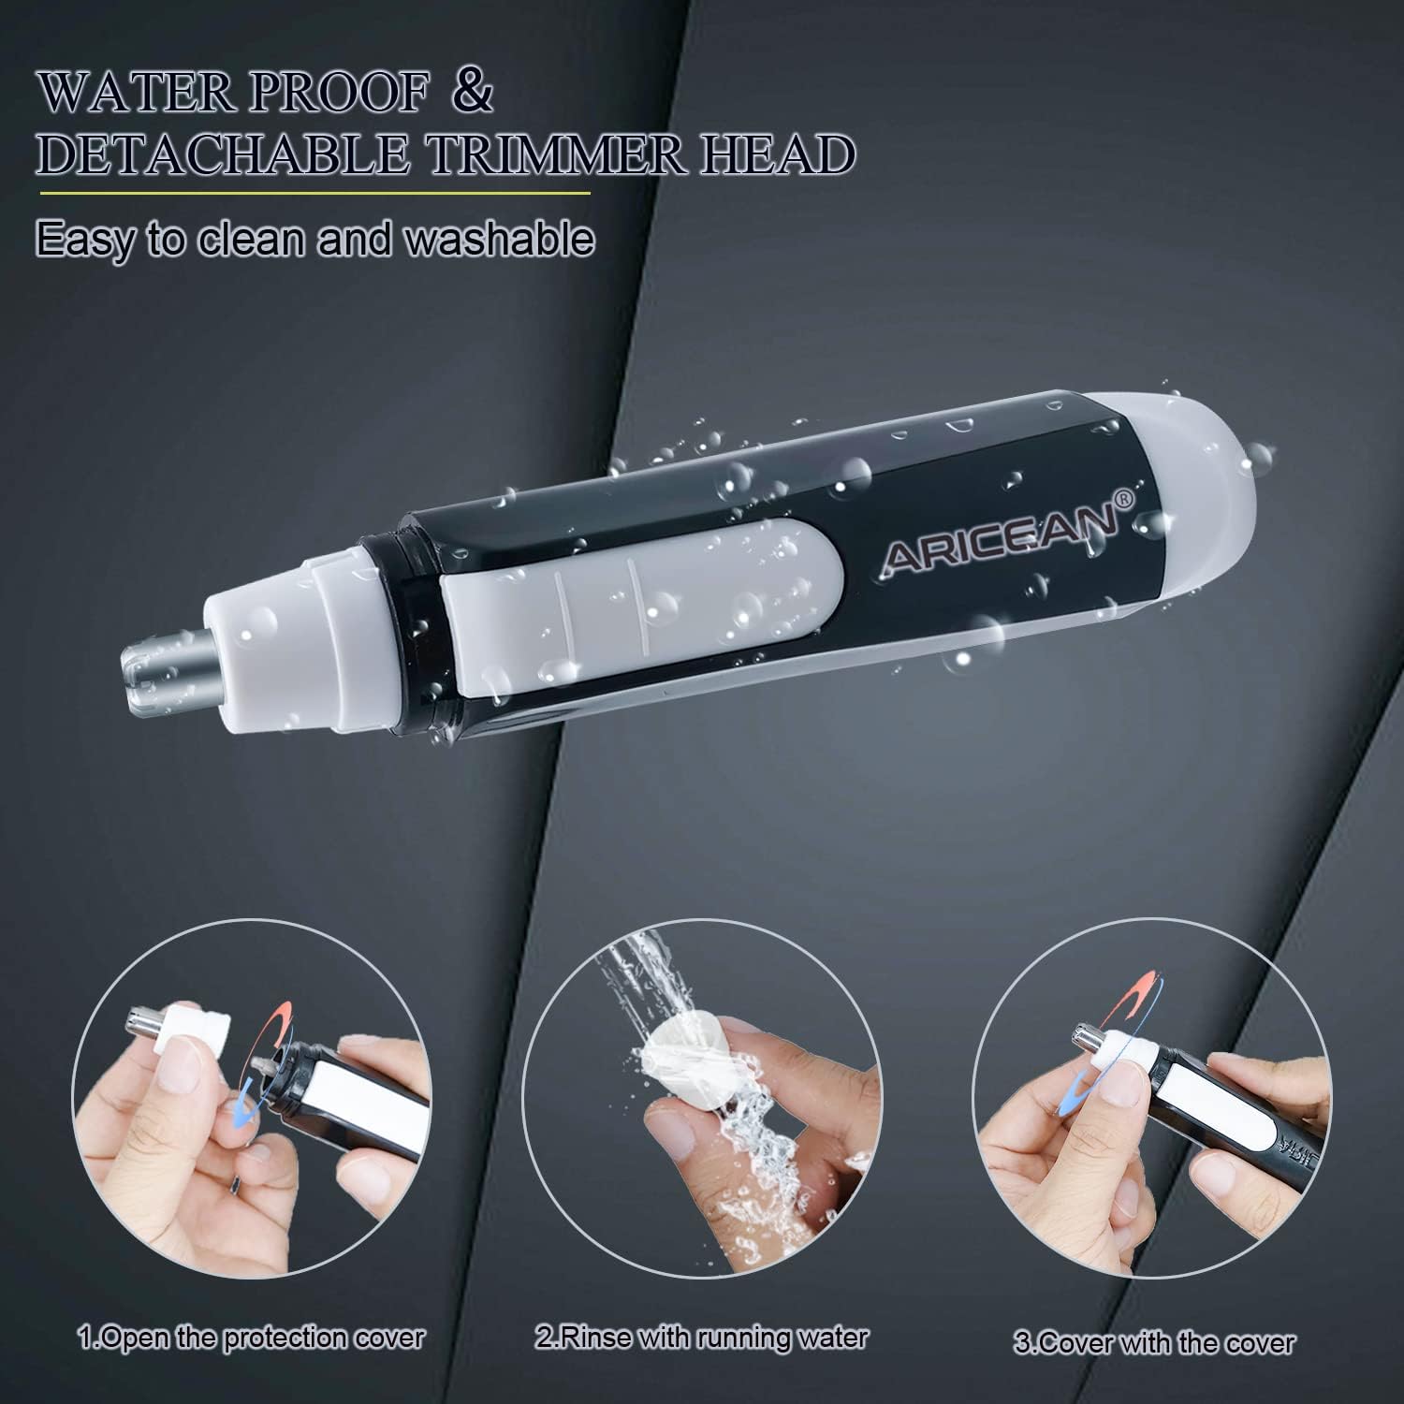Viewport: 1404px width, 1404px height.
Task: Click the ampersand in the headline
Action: pyautogui.click(x=473, y=95)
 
